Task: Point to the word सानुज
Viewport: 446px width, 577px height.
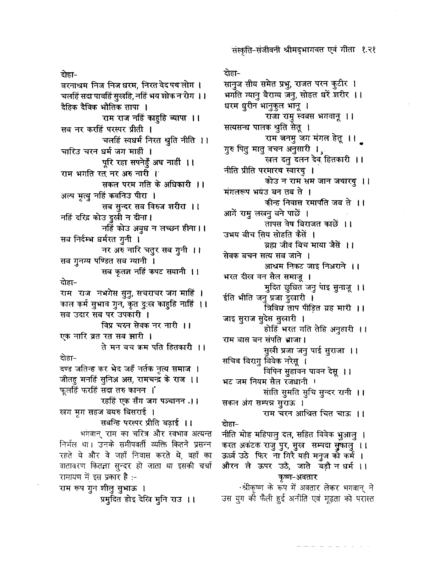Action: [x=232, y=85]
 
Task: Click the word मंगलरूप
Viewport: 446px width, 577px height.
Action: [x=236, y=191]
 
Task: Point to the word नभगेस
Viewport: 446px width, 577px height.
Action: [x=107, y=293]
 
